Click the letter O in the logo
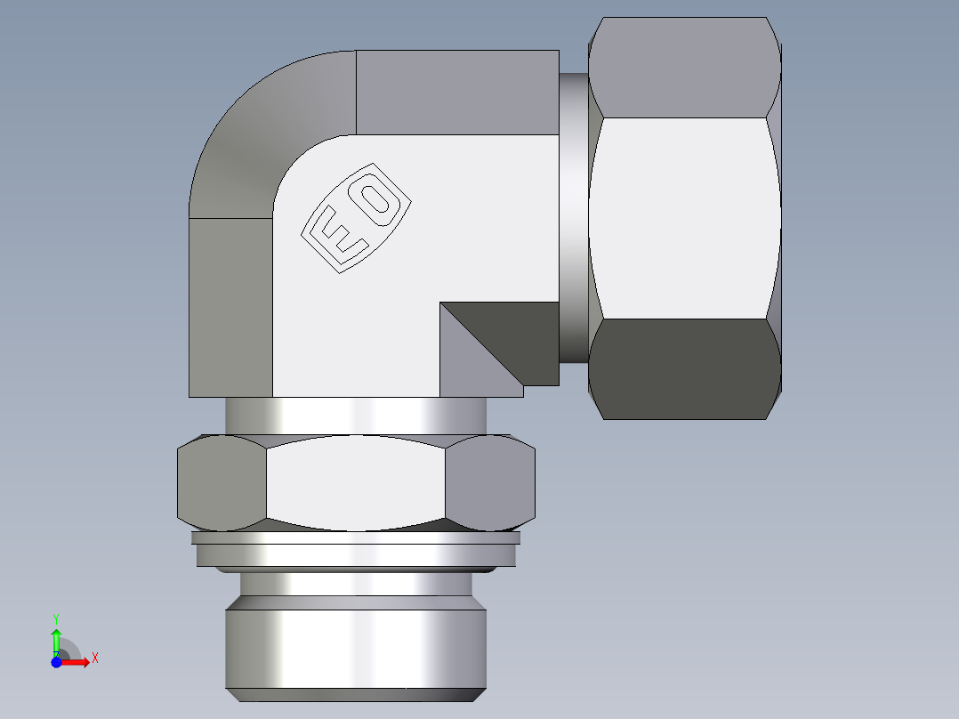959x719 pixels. [x=379, y=197]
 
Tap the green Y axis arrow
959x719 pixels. [x=56, y=639]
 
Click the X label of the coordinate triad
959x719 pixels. [x=95, y=658]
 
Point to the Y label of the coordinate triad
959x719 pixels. [x=56, y=617]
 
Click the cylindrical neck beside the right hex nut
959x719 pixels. [x=573, y=218]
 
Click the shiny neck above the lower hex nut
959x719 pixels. [x=356, y=415]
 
